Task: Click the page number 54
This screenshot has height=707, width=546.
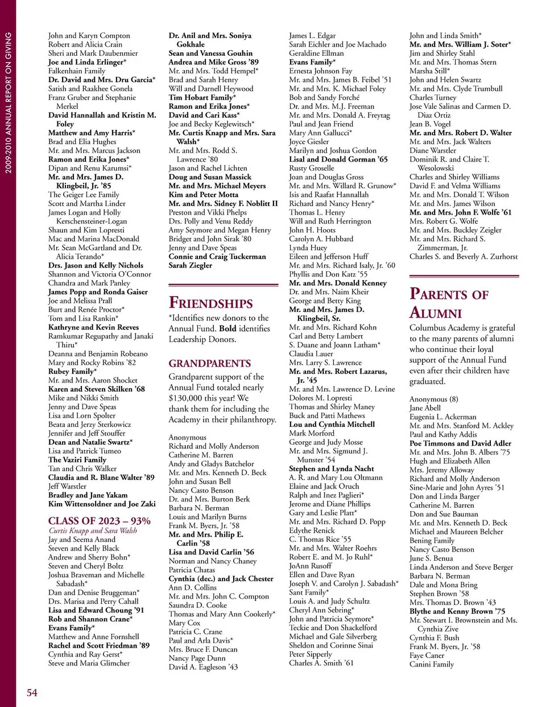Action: tap(32, 692)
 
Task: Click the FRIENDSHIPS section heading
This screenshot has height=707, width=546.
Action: tap(210, 303)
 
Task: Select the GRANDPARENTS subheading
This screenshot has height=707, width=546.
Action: tap(209, 363)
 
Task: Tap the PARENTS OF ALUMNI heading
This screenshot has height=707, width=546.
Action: tap(448, 303)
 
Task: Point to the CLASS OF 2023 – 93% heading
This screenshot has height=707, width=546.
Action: tap(99, 521)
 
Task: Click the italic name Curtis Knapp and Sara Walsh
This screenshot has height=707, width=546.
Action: tap(93, 531)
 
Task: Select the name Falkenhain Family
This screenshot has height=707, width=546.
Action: tap(77, 71)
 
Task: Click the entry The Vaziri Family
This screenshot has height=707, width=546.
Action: tap(77, 460)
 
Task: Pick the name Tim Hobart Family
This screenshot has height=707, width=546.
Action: tap(202, 97)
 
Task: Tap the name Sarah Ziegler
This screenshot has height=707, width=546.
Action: tap(190, 265)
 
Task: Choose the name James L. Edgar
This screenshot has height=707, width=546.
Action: tap(312, 36)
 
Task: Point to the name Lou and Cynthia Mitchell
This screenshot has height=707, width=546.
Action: tap(332, 424)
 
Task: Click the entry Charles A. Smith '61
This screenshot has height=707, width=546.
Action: tap(321, 663)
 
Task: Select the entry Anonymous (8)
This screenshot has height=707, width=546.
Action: tap(433, 399)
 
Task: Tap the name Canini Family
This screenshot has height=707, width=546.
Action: tap(432, 664)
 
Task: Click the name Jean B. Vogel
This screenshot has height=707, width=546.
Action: tap(430, 124)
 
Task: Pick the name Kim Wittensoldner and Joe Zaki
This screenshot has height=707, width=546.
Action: tap(102, 504)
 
